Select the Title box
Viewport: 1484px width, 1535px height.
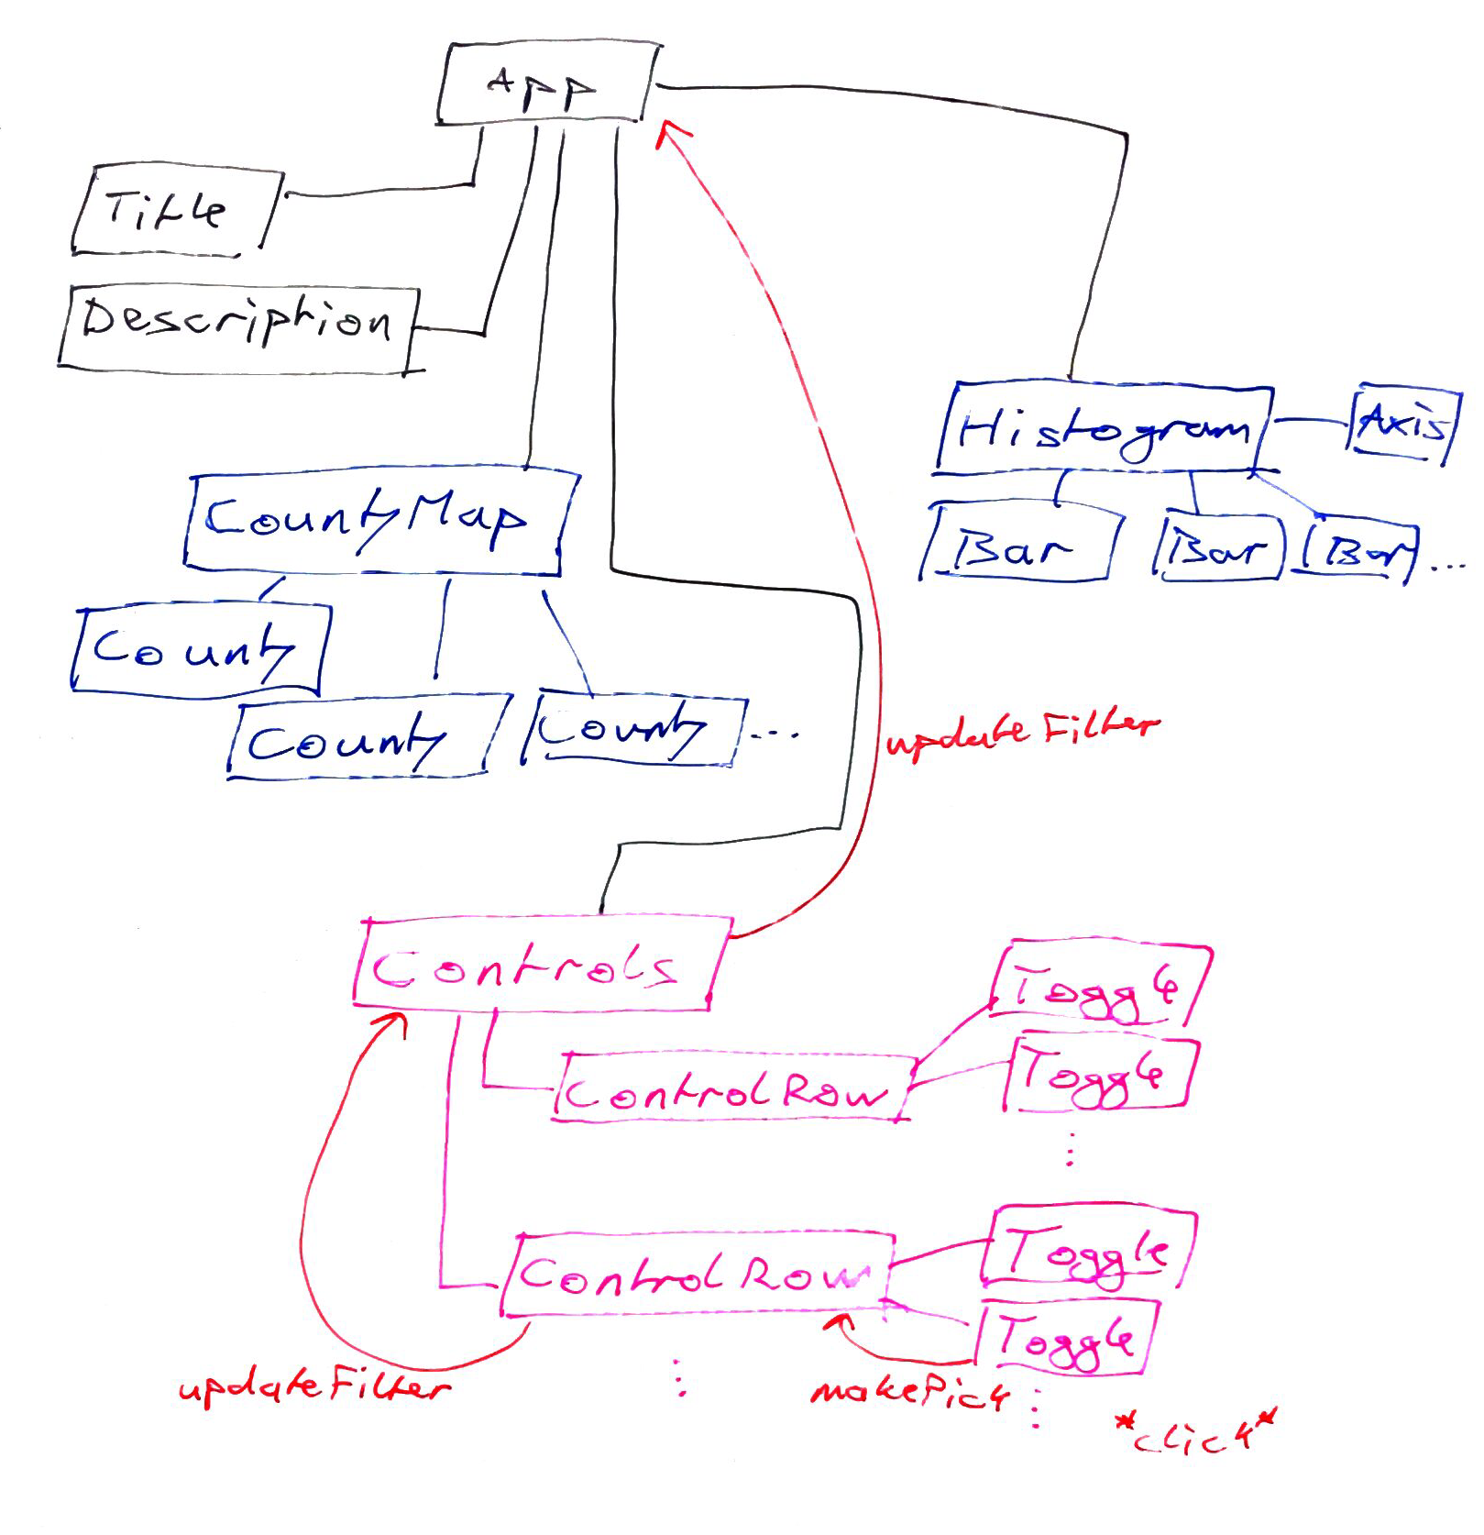tap(174, 210)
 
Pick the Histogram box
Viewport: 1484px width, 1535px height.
tap(1104, 430)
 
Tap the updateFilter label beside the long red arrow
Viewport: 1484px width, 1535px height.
tap(1020, 730)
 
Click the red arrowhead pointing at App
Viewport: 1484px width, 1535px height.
tap(672, 134)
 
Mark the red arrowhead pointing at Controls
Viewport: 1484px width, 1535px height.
tap(395, 1024)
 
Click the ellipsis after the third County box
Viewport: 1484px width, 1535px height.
tap(775, 734)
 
